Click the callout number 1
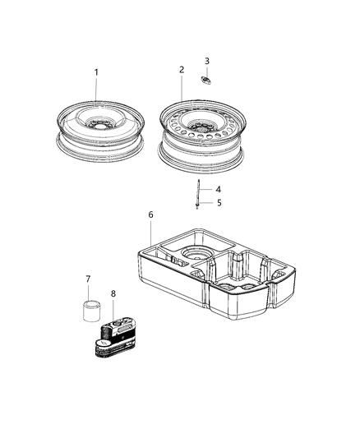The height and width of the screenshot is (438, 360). (x=96, y=72)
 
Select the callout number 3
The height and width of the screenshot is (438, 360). (x=207, y=61)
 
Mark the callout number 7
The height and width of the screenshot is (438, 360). (x=89, y=279)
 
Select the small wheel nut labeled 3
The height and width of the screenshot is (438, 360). (x=206, y=80)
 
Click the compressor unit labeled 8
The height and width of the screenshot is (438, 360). (x=118, y=333)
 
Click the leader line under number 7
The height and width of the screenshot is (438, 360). (x=89, y=293)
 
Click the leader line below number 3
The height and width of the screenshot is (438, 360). (x=207, y=71)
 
